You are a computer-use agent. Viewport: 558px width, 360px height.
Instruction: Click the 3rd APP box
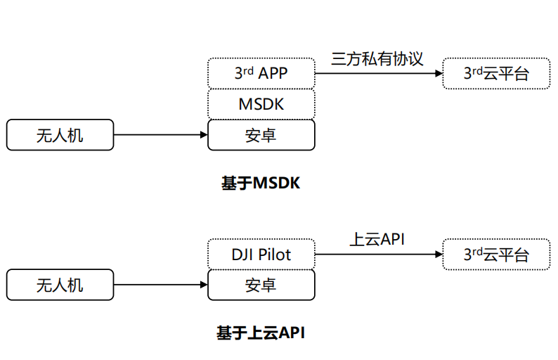pos(261,73)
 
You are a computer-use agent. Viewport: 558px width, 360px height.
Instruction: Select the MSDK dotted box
pos(261,104)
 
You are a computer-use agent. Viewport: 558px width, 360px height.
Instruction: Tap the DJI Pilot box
pos(261,255)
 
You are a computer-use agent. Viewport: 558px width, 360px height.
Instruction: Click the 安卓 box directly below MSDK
pos(261,135)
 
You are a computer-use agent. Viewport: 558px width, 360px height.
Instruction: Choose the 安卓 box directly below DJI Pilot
pos(261,285)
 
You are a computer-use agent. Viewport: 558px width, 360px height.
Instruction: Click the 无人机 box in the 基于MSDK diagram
pos(60,135)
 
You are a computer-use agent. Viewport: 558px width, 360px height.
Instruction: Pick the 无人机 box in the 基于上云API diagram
pos(60,285)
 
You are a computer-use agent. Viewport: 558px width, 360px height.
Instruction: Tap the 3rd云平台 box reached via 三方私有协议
pos(496,73)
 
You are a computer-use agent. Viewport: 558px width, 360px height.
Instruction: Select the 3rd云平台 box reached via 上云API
pos(496,255)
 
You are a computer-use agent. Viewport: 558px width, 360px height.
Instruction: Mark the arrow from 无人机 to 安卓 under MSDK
pos(160,135)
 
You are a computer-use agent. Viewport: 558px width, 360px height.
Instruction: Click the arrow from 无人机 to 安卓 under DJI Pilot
pos(160,285)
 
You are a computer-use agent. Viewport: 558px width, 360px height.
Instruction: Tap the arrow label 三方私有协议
pos(377,58)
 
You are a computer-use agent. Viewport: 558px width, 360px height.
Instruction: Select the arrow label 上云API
pos(377,239)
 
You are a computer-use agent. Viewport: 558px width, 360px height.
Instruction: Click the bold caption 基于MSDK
pos(261,184)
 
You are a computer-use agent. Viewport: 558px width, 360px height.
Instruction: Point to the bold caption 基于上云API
pos(261,333)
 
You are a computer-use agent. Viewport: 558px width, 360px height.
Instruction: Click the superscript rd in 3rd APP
pos(248,69)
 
